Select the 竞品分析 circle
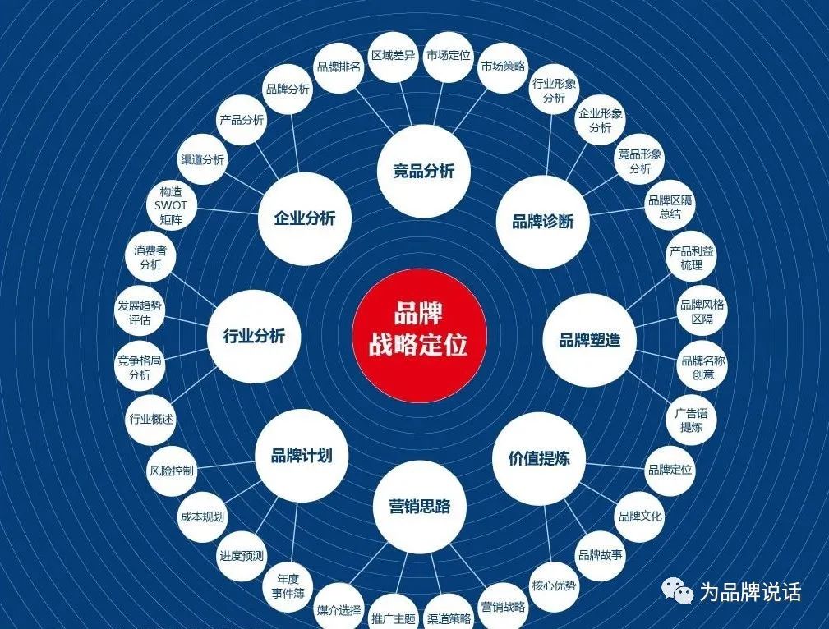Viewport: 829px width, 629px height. click(x=423, y=172)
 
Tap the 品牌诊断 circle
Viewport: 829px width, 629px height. click(x=542, y=221)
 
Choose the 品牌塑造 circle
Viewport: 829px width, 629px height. click(x=589, y=340)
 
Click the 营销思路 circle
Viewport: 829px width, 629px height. click(x=420, y=506)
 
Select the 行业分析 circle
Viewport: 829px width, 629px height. click(x=254, y=336)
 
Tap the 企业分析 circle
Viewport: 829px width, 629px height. click(x=304, y=218)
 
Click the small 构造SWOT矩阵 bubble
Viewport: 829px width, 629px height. click(x=171, y=206)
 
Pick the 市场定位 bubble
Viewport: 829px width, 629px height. click(x=448, y=57)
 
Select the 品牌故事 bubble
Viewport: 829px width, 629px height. click(x=600, y=555)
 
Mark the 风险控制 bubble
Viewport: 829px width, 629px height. click(x=171, y=471)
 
